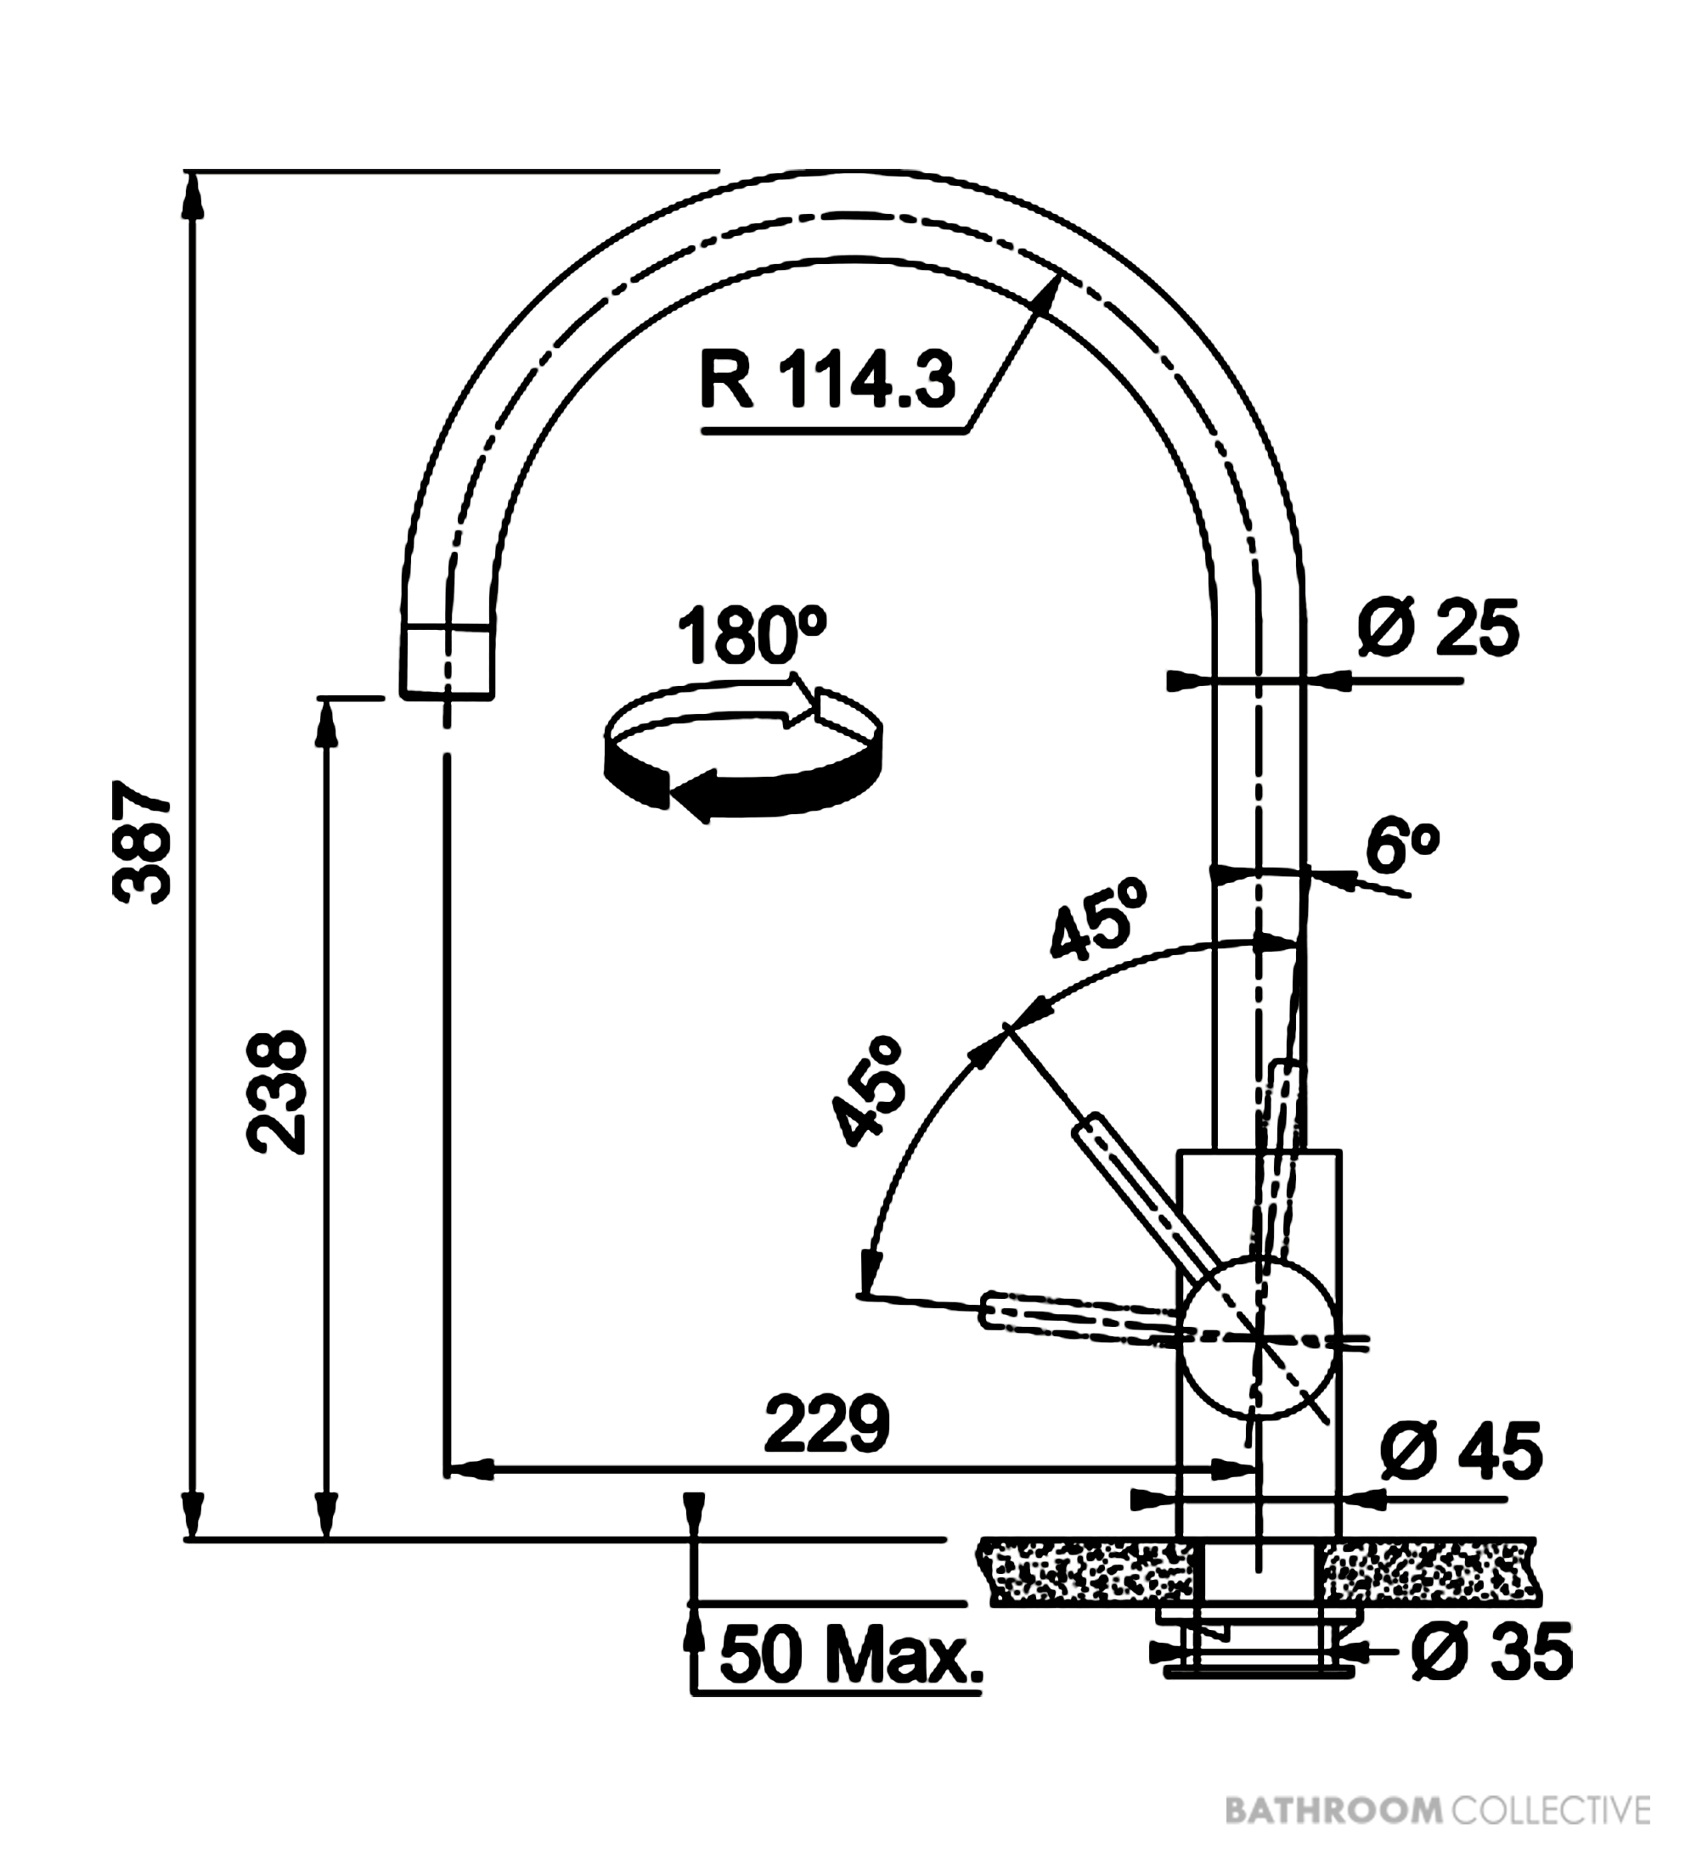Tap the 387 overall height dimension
[x=142, y=841]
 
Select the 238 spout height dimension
[x=276, y=1093]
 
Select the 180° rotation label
[x=752, y=636]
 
